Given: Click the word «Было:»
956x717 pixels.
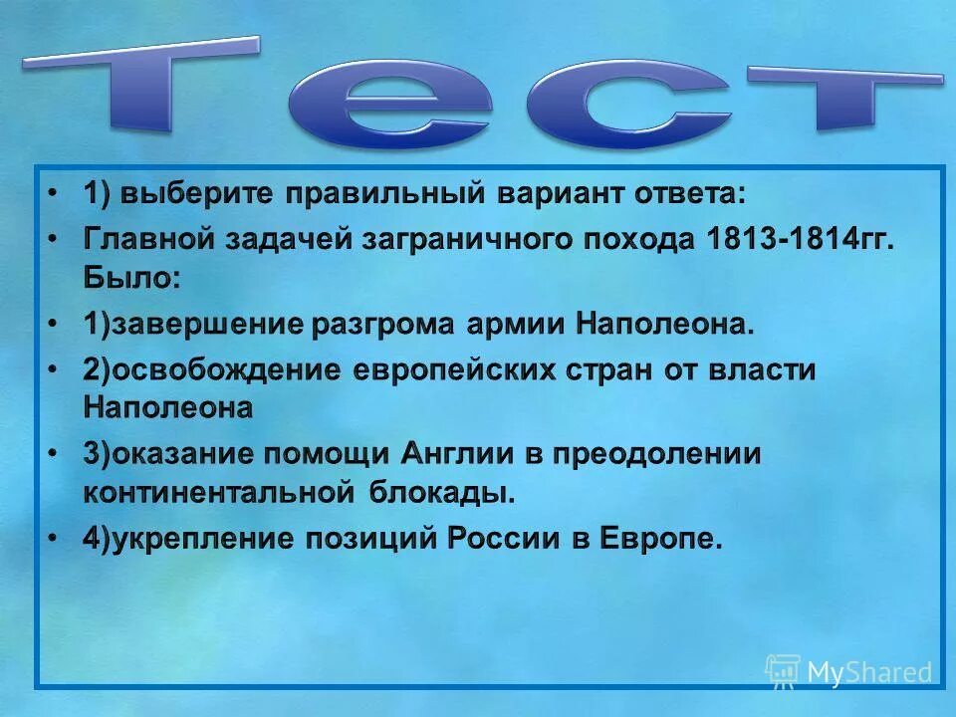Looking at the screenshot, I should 132,276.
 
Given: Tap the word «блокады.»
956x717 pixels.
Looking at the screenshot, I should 443,491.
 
